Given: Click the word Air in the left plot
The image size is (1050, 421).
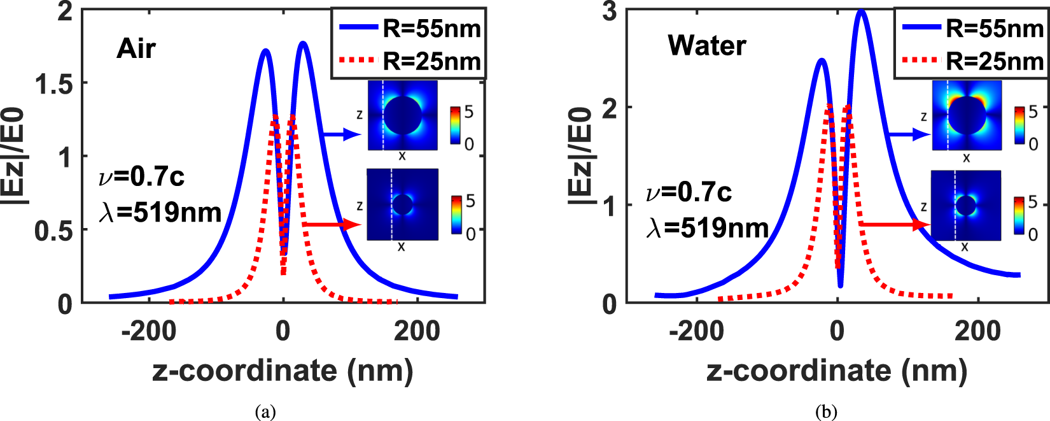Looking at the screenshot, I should [136, 49].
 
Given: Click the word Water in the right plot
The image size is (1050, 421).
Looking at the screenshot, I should [706, 46].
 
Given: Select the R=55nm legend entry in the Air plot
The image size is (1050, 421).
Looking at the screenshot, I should [410, 29].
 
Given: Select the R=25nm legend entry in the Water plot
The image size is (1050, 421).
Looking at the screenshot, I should [972, 61].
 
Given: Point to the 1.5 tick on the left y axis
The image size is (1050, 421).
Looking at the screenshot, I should [53, 83].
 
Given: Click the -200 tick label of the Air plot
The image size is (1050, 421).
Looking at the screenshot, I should [149, 331].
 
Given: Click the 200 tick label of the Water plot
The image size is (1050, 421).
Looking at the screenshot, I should [978, 331].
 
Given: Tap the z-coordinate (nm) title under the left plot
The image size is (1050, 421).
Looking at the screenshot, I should [283, 371].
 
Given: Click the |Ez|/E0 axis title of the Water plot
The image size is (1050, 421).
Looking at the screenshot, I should [581, 156].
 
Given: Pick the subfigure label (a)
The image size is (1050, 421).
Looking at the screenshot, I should [265, 411].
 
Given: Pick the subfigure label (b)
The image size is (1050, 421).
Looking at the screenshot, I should [826, 411].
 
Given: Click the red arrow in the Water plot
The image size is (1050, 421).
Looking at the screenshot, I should [894, 224].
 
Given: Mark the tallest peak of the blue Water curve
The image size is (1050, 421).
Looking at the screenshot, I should [861, 11].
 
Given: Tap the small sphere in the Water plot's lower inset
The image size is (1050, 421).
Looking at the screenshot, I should [966, 206].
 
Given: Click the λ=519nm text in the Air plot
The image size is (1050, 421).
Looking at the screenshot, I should [160, 212].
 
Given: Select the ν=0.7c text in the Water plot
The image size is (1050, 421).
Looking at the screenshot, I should [689, 192].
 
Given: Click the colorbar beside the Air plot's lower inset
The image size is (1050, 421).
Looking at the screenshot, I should [456, 215].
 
